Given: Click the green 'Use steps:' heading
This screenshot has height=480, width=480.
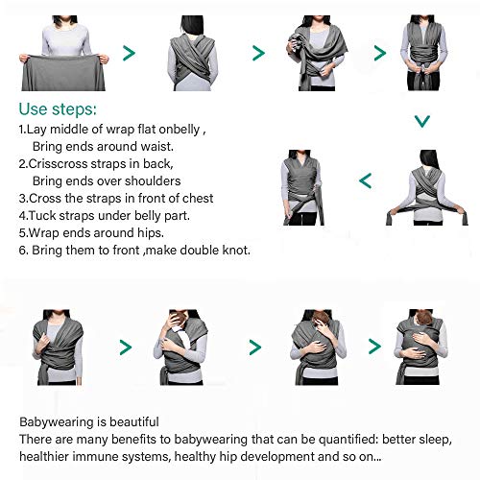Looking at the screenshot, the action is click(x=58, y=109).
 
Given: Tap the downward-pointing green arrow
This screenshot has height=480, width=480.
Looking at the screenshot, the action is click(x=422, y=122).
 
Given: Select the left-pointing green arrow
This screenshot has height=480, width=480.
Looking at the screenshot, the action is click(x=366, y=180).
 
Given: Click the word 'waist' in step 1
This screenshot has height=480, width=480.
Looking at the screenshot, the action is click(x=156, y=147).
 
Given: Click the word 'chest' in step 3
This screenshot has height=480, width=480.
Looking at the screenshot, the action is click(x=198, y=199).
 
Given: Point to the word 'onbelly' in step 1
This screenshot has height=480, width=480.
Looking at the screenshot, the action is click(x=180, y=130).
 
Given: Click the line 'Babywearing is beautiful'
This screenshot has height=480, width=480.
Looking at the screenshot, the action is click(x=89, y=422).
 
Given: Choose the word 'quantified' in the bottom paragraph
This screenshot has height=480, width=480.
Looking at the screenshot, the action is click(x=348, y=440).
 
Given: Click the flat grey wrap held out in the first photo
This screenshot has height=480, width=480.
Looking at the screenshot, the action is click(x=63, y=73).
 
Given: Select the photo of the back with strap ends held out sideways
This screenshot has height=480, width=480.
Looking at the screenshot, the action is click(x=427, y=187).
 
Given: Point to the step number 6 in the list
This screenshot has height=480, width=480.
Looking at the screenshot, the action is click(x=23, y=251).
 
